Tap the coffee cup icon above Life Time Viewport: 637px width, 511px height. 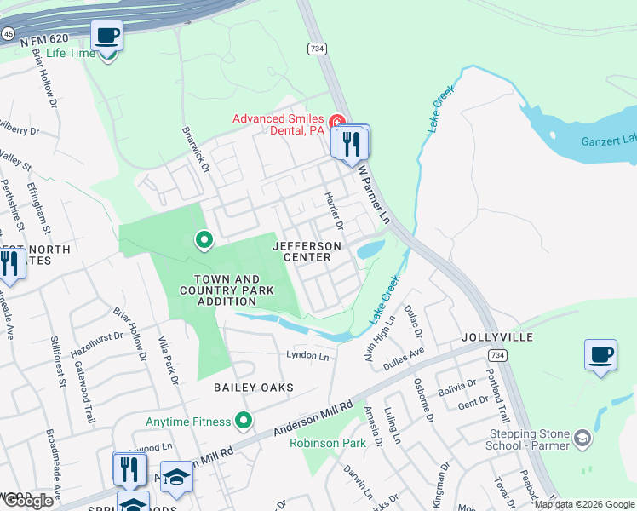[x=107, y=36]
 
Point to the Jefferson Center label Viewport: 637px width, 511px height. [x=307, y=251]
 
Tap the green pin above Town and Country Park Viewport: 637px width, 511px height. [x=204, y=241]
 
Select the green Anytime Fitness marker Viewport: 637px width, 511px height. [x=244, y=421]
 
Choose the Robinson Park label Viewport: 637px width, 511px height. [x=328, y=443]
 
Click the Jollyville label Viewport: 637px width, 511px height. [x=497, y=337]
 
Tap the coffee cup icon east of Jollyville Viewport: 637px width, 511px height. [x=600, y=354]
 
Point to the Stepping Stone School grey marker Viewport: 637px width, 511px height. [x=582, y=439]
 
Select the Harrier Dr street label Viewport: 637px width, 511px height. [x=332, y=210]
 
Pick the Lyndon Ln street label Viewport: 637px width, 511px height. [x=307, y=354]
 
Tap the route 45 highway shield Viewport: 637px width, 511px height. [x=6, y=33]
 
